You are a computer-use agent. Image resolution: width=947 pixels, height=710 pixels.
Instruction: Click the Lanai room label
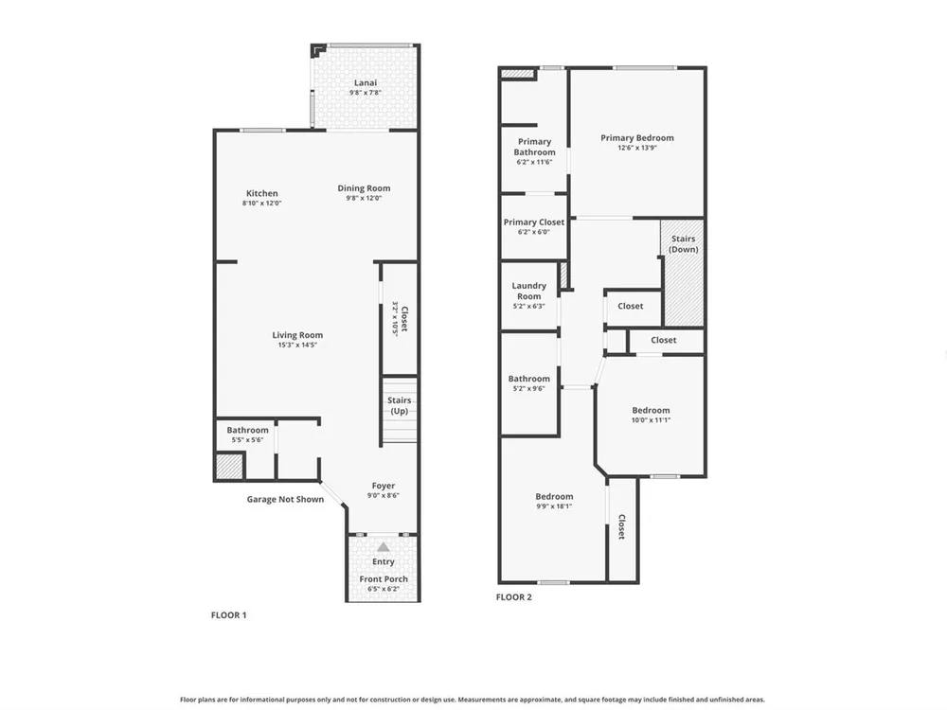366,82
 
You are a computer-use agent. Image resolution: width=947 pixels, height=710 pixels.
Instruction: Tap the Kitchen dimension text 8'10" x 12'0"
262,204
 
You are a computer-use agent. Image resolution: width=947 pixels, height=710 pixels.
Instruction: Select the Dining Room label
364,188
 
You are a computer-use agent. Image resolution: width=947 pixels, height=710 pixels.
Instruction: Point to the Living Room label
297,335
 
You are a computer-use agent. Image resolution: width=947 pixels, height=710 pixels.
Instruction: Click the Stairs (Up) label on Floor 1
400,406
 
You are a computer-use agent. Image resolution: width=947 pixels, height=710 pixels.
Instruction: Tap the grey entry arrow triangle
384,547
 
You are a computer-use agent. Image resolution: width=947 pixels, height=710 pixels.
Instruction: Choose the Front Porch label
384,579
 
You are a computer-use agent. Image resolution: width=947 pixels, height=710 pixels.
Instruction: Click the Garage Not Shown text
285,499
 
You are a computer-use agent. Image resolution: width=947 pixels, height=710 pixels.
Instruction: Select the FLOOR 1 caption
229,615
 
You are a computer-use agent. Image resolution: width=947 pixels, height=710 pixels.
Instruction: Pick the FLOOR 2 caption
514,597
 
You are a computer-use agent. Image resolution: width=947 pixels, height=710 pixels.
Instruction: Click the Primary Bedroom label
637,137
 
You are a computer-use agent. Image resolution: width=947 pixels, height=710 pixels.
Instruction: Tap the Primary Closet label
534,222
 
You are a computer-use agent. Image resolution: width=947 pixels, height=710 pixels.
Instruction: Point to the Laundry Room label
529,291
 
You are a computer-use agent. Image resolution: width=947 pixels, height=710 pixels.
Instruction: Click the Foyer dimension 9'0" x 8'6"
384,496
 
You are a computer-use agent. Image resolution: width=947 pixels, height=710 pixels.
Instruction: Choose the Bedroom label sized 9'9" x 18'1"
554,497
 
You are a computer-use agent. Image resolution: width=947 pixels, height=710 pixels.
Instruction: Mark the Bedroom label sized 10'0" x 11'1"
652,411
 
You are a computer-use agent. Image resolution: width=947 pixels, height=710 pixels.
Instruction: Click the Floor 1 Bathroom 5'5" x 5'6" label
247,431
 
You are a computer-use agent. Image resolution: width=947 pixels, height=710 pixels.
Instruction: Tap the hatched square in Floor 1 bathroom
229,466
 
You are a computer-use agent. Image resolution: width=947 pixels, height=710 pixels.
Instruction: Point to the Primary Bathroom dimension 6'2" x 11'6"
534,163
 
